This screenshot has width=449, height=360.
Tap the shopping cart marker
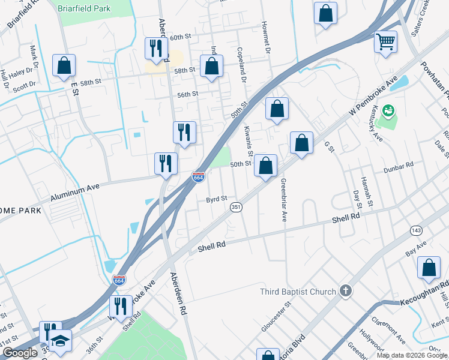(385, 43)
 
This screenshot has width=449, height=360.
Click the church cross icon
(345, 292)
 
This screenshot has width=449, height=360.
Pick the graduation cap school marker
(60, 341)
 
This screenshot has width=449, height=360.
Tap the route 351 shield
(236, 207)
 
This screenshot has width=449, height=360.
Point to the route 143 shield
(415, 230)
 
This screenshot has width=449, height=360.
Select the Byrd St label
(217, 199)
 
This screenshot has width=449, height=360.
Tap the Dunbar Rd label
(401, 164)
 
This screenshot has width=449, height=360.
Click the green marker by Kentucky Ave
(388, 111)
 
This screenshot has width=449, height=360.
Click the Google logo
(20, 353)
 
